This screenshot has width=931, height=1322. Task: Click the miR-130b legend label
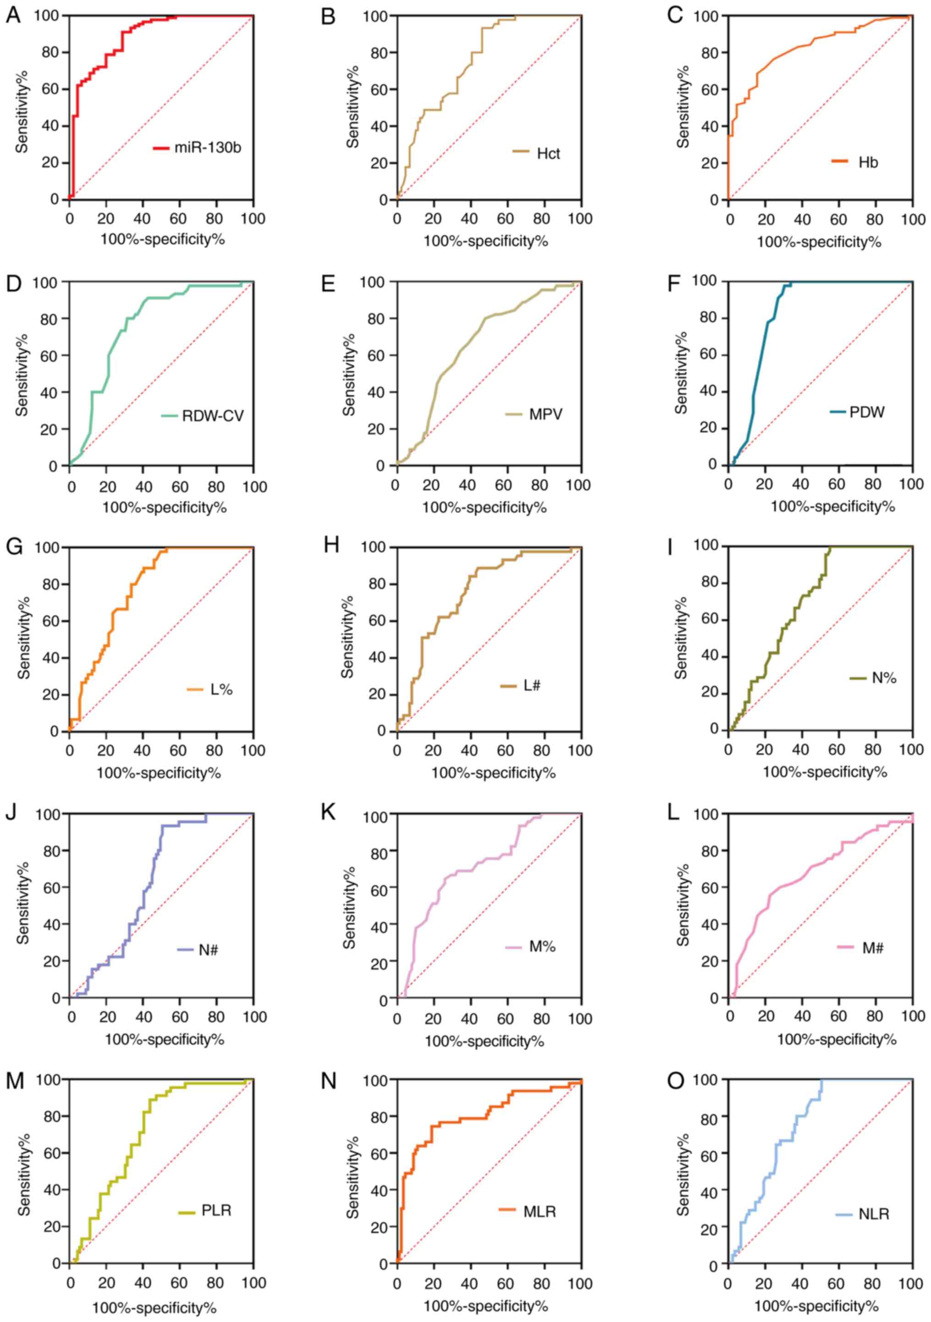(x=208, y=148)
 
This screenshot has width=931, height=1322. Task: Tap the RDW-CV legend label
(x=213, y=416)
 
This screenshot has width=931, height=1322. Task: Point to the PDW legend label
(x=866, y=412)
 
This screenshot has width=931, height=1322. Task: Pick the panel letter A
(x=13, y=16)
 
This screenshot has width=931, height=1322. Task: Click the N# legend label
(x=208, y=950)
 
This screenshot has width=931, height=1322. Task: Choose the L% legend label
(x=221, y=690)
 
